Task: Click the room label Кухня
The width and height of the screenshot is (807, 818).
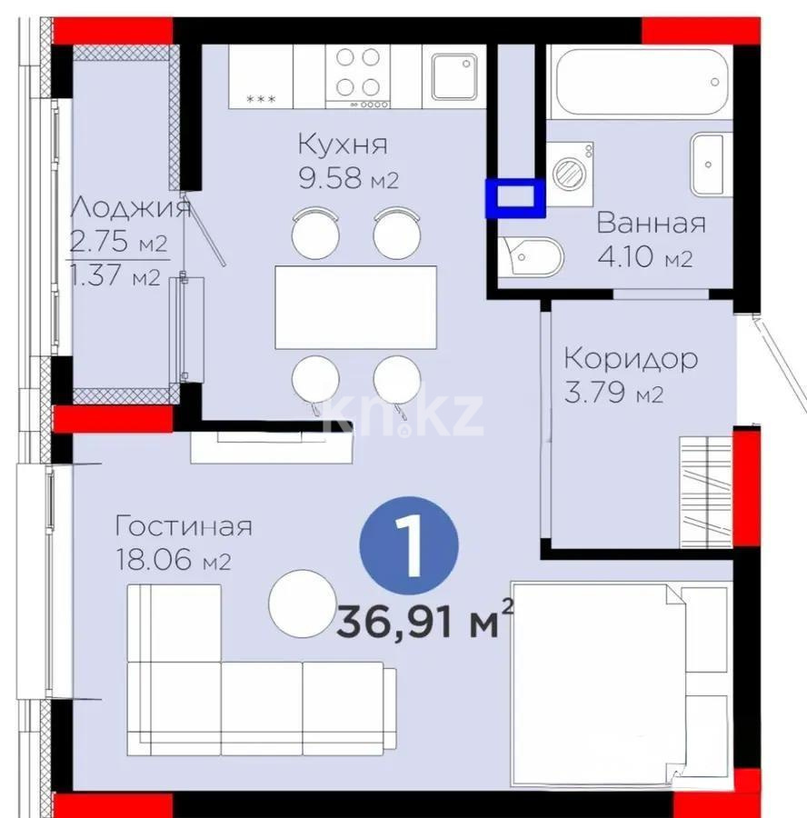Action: pyautogui.click(x=343, y=144)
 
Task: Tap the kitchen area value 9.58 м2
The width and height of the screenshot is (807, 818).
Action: pyautogui.click(x=349, y=179)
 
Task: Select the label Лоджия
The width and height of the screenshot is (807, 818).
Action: pyautogui.click(x=130, y=208)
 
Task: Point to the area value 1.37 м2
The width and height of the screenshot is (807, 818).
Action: pyautogui.click(x=115, y=276)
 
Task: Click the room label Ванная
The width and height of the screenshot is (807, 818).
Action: pyautogui.click(x=651, y=224)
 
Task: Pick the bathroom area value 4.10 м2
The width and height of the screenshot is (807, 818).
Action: pyautogui.click(x=644, y=258)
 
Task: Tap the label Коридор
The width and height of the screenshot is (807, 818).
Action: pyautogui.click(x=631, y=358)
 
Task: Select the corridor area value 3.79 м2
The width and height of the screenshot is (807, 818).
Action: pyautogui.click(x=613, y=394)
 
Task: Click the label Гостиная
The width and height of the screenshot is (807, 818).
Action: pyautogui.click(x=183, y=525)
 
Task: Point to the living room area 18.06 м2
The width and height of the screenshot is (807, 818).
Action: pyautogui.click(x=174, y=561)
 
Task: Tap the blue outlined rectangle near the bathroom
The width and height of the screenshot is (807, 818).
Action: pyautogui.click(x=515, y=198)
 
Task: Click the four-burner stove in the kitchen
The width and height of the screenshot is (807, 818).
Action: pyautogui.click(x=357, y=73)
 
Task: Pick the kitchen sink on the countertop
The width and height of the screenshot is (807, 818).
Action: pyautogui.click(x=454, y=75)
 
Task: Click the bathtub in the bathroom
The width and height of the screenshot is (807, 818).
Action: pyautogui.click(x=642, y=81)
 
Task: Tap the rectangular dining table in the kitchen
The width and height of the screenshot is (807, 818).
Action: pyautogui.click(x=355, y=307)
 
